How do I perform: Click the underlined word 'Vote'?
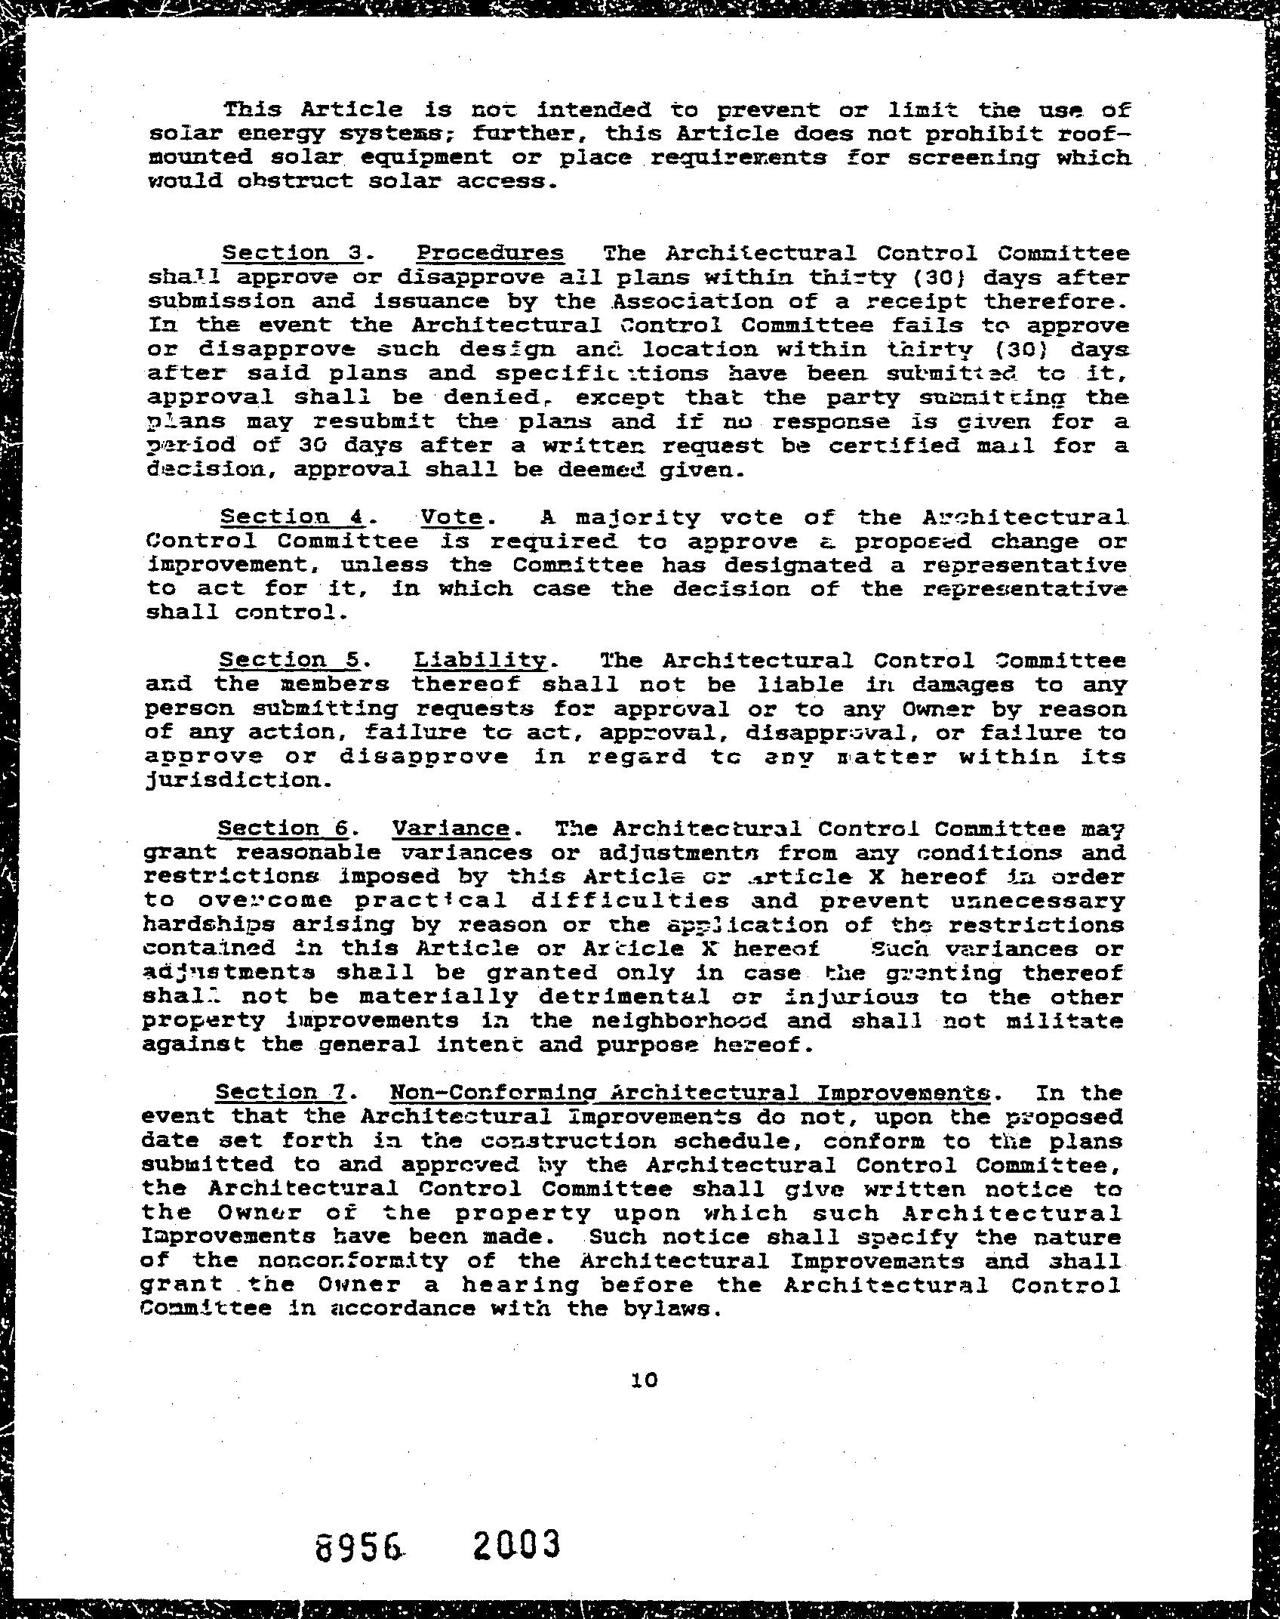tap(451, 517)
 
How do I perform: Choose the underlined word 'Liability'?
tap(480, 660)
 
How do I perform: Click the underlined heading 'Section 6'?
tap(283, 828)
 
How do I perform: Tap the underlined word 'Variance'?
tap(451, 828)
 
